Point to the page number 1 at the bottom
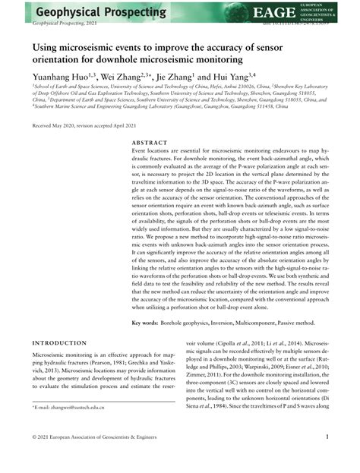pyautogui.click(x=326, y=458)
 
